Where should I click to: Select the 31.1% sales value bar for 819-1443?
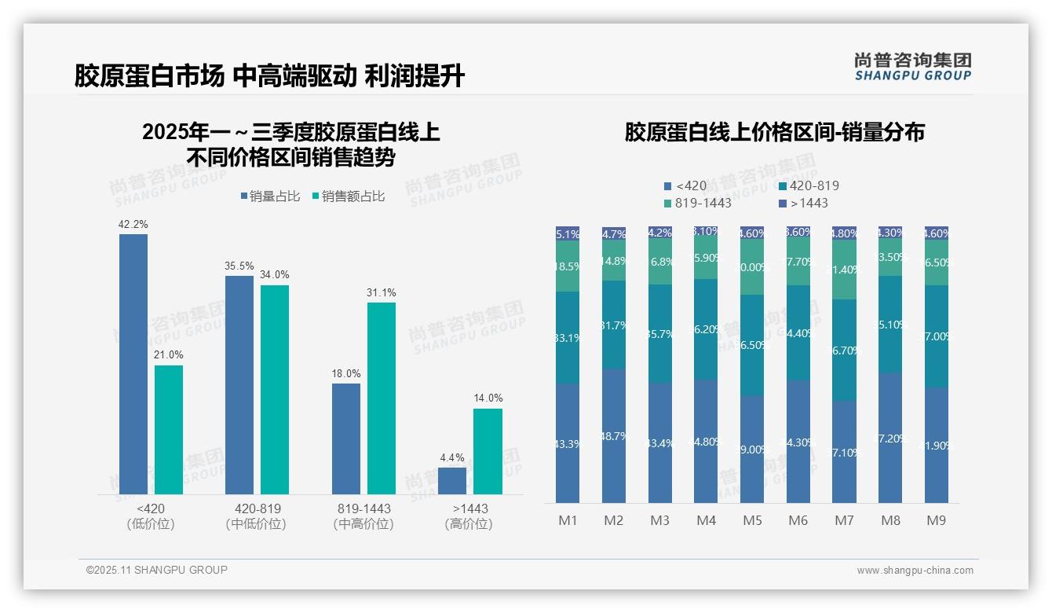[381, 398]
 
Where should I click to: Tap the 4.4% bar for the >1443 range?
[451, 481]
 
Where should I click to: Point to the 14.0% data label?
[488, 398]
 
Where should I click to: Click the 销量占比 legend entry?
[270, 196]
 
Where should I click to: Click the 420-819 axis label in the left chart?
[258, 508]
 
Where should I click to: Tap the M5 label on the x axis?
[752, 520]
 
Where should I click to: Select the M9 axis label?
[936, 520]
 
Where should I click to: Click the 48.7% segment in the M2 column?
[613, 435]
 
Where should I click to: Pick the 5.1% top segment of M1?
[568, 233]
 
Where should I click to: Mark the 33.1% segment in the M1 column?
[568, 338]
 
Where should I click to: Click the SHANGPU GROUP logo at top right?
[912, 66]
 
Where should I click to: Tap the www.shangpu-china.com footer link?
[915, 571]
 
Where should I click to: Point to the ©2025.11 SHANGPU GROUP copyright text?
[157, 570]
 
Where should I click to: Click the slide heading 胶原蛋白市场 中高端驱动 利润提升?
[269, 76]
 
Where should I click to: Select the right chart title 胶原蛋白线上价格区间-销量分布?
[774, 132]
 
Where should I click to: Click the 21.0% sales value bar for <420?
[168, 430]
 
